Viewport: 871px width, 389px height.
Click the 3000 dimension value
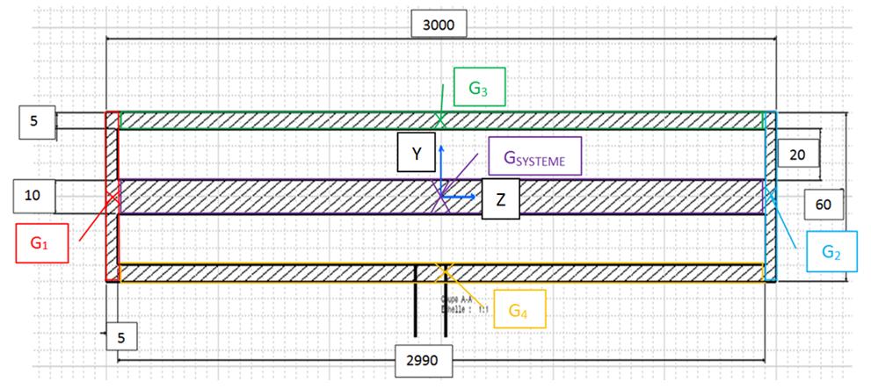439,25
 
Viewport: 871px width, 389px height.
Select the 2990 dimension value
425,360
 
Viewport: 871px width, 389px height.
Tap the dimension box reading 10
34,196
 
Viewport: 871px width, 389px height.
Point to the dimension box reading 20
798,154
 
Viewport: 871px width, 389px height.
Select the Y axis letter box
417,153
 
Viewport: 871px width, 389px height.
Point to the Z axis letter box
500,198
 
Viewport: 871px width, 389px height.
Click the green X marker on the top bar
440,120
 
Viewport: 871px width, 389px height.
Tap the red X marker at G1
113,196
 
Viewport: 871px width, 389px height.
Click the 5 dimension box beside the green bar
34,121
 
